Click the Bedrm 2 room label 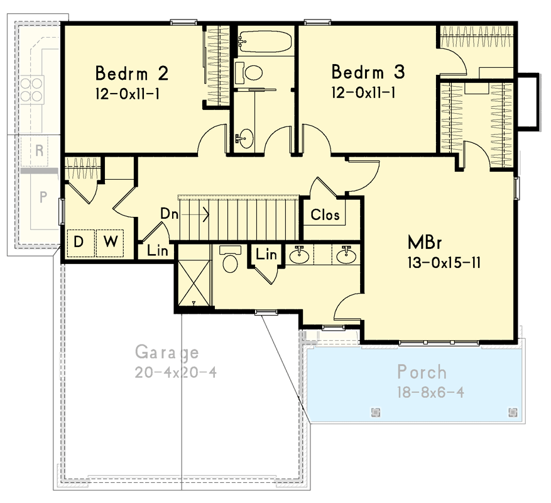coord(131,74)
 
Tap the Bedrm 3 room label coord(368,72)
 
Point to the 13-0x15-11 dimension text coord(444,262)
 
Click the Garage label coord(167,353)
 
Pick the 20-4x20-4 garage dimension coord(175,372)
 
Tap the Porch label coord(422,372)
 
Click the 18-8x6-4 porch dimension coord(430,392)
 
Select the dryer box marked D coord(80,242)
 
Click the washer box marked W coord(110,242)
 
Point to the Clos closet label coord(325,215)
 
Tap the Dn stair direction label coord(168,214)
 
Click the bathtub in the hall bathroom coord(264,42)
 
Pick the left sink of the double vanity coord(300,255)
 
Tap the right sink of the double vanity coord(344,255)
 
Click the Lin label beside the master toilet coord(267,254)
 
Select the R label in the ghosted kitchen coord(39,150)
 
